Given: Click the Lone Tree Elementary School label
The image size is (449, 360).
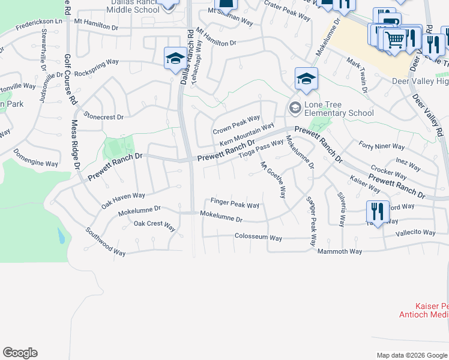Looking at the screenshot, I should [340, 109].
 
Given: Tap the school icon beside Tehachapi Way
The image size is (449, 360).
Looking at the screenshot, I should [175, 59].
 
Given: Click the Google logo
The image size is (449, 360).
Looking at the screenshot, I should [20, 353].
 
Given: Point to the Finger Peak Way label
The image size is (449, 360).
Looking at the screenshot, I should [235, 203].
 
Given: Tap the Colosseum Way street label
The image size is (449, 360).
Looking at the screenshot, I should [258, 238].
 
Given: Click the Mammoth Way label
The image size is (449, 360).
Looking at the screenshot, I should [340, 251].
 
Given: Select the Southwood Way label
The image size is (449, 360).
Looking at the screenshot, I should [105, 241].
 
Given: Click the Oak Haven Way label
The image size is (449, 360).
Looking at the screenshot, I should [123, 200].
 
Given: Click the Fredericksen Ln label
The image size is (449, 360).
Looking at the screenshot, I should [39, 24].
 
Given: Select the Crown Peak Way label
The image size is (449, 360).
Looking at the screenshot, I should [237, 125].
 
